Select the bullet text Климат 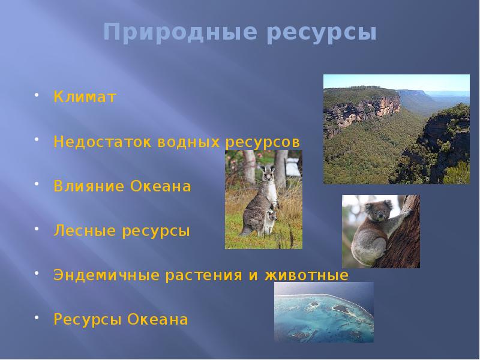[85, 97]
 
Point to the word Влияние [88, 187]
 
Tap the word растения [203, 275]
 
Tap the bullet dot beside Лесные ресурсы [37, 230]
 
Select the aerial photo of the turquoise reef [324, 312]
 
